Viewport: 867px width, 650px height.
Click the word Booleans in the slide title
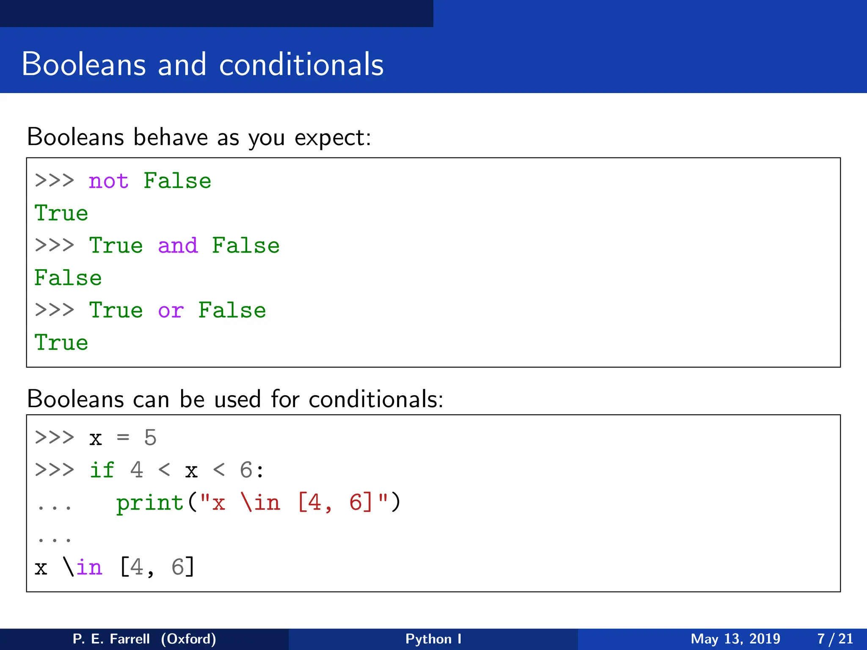84,64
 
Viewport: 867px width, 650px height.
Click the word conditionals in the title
301,64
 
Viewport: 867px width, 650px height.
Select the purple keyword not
108,181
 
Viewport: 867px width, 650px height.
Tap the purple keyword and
178,246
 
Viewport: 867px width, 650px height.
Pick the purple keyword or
171,311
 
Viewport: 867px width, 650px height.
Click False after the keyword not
177,181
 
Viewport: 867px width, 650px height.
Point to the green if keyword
102,470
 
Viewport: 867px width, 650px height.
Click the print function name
150,503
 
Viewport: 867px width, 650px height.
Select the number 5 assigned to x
150,438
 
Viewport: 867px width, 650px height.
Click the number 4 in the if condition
136,470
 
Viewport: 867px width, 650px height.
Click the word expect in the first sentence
332,138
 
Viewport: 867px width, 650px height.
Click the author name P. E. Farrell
111,639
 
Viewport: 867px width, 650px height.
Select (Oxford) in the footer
188,639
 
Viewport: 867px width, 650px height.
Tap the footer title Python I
433,639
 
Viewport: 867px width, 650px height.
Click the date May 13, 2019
735,639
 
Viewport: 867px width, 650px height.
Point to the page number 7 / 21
835,639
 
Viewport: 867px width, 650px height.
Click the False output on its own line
68,278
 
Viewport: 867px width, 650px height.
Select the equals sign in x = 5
123,438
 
